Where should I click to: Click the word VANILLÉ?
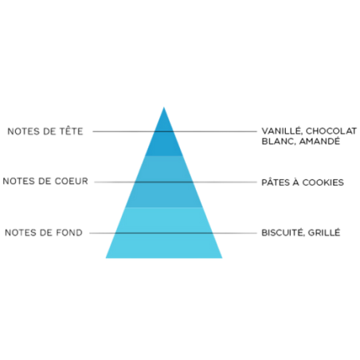click(x=282, y=131)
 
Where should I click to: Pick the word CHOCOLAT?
click(x=331, y=131)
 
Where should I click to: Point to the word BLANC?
click(x=278, y=141)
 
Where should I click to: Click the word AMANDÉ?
click(x=319, y=141)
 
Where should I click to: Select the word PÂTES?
click(x=275, y=182)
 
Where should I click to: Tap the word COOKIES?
click(x=323, y=182)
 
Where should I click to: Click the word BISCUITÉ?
click(x=283, y=232)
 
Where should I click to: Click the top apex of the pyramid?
click(x=164, y=107)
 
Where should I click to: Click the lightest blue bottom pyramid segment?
click(x=164, y=233)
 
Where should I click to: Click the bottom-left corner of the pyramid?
click(x=106, y=258)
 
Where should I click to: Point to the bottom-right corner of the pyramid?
click(x=222, y=258)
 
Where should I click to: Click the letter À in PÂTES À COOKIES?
click(x=295, y=182)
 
